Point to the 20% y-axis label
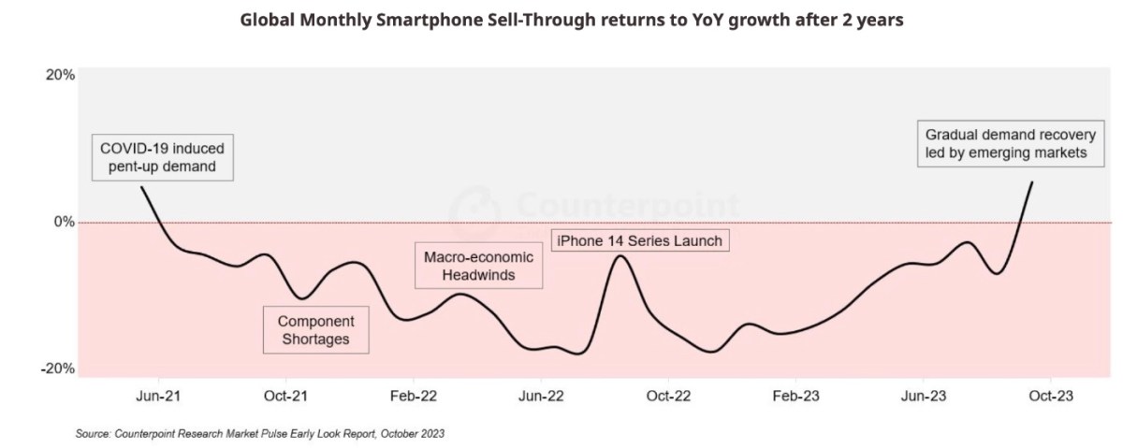[59, 76]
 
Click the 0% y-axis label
[64, 223]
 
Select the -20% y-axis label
[58, 369]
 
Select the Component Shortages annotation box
[315, 329]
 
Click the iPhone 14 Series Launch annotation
[639, 241]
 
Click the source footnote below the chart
[260, 433]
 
